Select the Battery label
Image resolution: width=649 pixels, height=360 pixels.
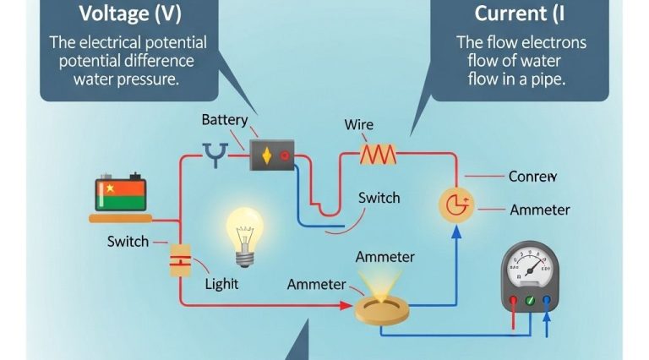pyautogui.click(x=225, y=121)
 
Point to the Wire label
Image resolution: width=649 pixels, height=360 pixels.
pyautogui.click(x=358, y=125)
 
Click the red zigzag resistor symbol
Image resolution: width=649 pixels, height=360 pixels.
pyautogui.click(x=378, y=154)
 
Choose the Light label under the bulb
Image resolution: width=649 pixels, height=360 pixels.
pyautogui.click(x=222, y=285)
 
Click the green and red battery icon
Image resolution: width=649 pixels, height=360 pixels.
pyautogui.click(x=121, y=194)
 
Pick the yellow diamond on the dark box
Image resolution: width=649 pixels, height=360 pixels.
pyautogui.click(x=267, y=155)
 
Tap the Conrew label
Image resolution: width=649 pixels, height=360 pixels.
pyautogui.click(x=533, y=177)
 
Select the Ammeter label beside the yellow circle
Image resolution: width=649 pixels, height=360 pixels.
pyautogui.click(x=540, y=210)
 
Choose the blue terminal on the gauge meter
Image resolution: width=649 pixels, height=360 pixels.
pyautogui.click(x=548, y=300)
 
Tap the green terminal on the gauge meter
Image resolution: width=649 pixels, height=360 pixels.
pyautogui.click(x=530, y=300)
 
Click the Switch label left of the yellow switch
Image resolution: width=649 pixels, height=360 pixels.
pyautogui.click(x=128, y=242)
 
